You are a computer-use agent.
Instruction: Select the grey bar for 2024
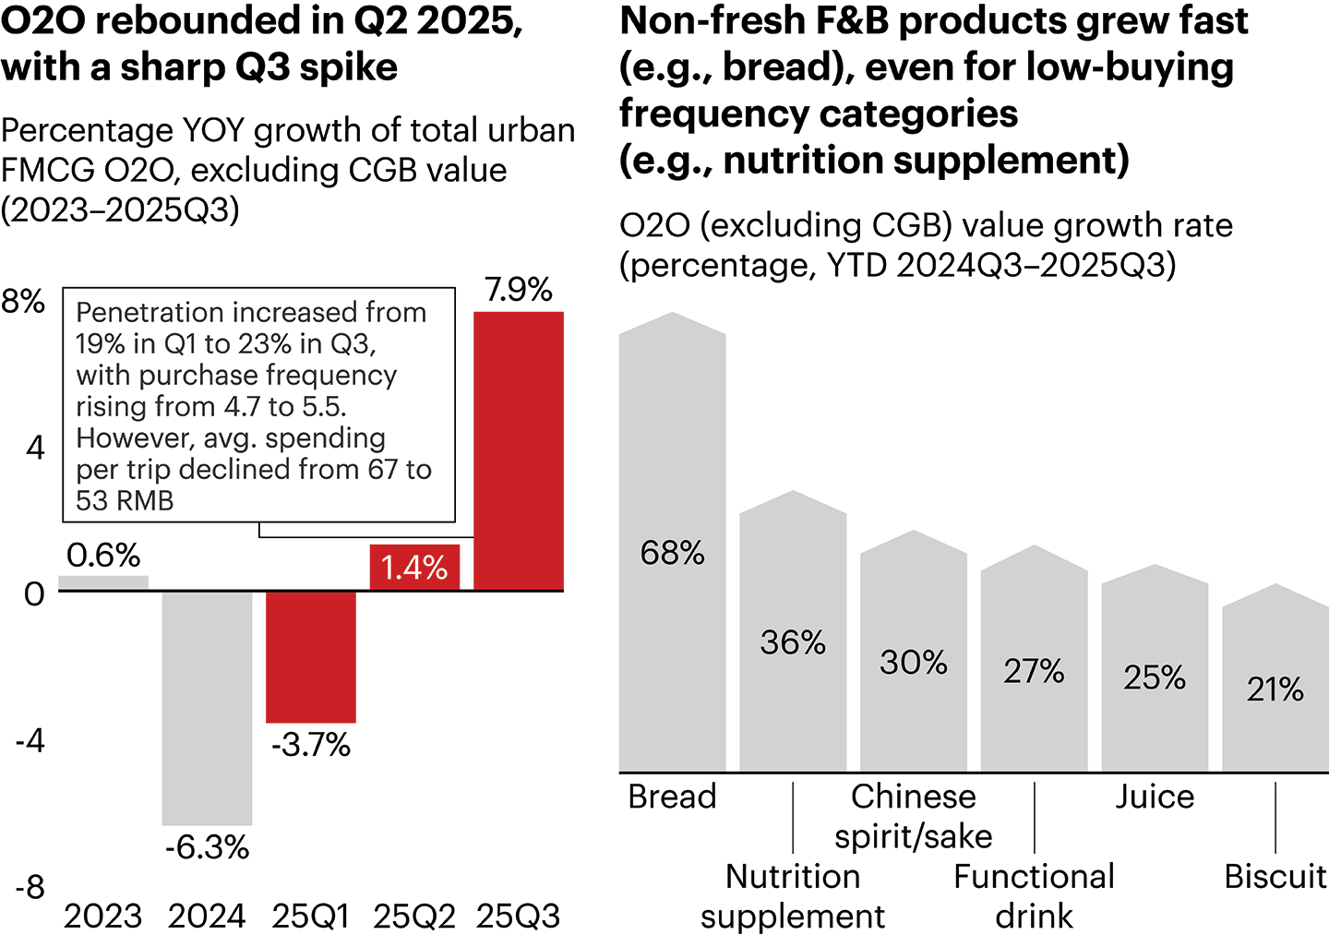pyautogui.click(x=207, y=707)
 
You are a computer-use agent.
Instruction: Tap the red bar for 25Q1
pyautogui.click(x=311, y=656)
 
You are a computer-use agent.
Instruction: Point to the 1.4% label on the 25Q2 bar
pyautogui.click(x=414, y=568)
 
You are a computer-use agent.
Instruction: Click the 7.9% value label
pyautogui.click(x=519, y=290)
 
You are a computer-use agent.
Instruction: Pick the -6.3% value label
pyautogui.click(x=207, y=847)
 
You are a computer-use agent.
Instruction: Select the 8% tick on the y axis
pyautogui.click(x=23, y=301)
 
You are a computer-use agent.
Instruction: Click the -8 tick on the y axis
pyautogui.click(x=30, y=887)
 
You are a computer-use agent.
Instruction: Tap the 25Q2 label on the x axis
pyautogui.click(x=414, y=917)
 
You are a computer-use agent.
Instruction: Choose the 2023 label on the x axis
pyautogui.click(x=102, y=917)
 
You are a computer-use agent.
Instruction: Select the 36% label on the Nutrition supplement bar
pyautogui.click(x=793, y=642)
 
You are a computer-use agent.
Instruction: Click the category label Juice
pyautogui.click(x=1155, y=797)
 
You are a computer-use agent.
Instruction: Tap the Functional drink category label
pyautogui.click(x=1034, y=895)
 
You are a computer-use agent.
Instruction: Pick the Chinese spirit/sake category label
pyautogui.click(x=914, y=816)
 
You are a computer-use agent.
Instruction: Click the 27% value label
pyautogui.click(x=1034, y=671)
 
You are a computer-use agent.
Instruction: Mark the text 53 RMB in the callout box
pyautogui.click(x=125, y=500)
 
